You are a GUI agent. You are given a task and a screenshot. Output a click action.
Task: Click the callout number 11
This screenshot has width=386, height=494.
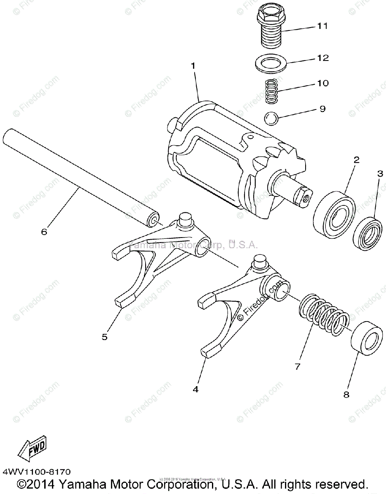tap(322, 26)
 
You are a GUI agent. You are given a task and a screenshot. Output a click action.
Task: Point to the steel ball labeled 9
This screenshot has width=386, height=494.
tap(272, 118)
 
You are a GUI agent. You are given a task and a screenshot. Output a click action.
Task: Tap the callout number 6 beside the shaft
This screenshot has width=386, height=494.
tap(44, 232)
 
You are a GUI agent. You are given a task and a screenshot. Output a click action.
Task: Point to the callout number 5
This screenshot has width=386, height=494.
tap(105, 337)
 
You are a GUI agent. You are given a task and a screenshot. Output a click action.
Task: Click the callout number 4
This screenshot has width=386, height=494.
tap(195, 389)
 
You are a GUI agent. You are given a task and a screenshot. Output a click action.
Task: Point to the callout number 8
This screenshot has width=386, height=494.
tap(346, 394)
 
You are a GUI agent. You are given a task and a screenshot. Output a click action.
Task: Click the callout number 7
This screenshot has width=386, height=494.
tap(298, 366)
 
